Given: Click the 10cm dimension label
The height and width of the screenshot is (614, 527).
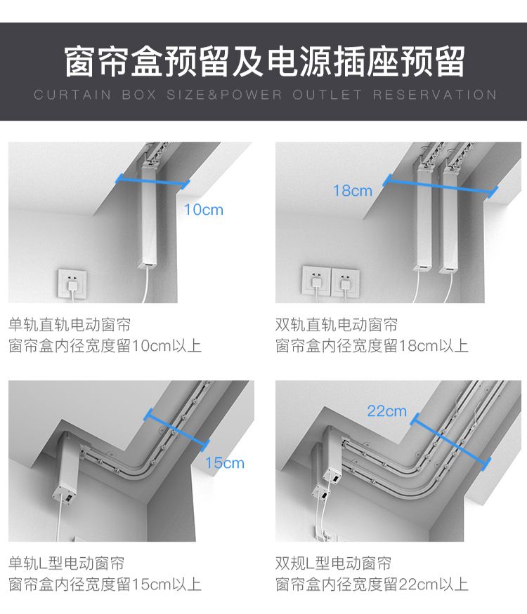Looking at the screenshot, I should point(203,209).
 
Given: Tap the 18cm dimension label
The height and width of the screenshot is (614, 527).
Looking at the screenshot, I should point(353,190).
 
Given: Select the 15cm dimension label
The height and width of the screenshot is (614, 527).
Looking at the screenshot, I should point(224,462).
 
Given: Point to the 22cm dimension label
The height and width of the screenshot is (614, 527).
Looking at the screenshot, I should point(386,411).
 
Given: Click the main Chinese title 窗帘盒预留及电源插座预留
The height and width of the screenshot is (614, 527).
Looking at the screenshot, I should point(264,62).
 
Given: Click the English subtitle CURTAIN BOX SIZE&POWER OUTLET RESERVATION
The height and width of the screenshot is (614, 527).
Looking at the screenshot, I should point(264,95).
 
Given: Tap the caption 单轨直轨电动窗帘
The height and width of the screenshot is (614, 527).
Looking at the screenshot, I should point(70,325).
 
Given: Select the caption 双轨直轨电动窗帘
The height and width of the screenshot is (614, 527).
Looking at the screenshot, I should point(337,325).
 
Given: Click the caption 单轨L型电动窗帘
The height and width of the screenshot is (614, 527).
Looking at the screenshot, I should point(67,563).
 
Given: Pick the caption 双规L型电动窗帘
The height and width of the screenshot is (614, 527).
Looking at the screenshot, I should point(334,563).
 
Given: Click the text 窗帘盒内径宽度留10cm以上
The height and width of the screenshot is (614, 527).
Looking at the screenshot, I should point(105,346).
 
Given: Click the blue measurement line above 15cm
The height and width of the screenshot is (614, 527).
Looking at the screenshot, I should point(176,430).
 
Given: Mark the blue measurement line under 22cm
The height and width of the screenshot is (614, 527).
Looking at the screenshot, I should point(450,440).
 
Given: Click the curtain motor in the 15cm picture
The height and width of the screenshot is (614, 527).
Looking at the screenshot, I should point(67,469).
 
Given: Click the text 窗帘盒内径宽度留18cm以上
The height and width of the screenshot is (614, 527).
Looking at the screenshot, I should point(372,346).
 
